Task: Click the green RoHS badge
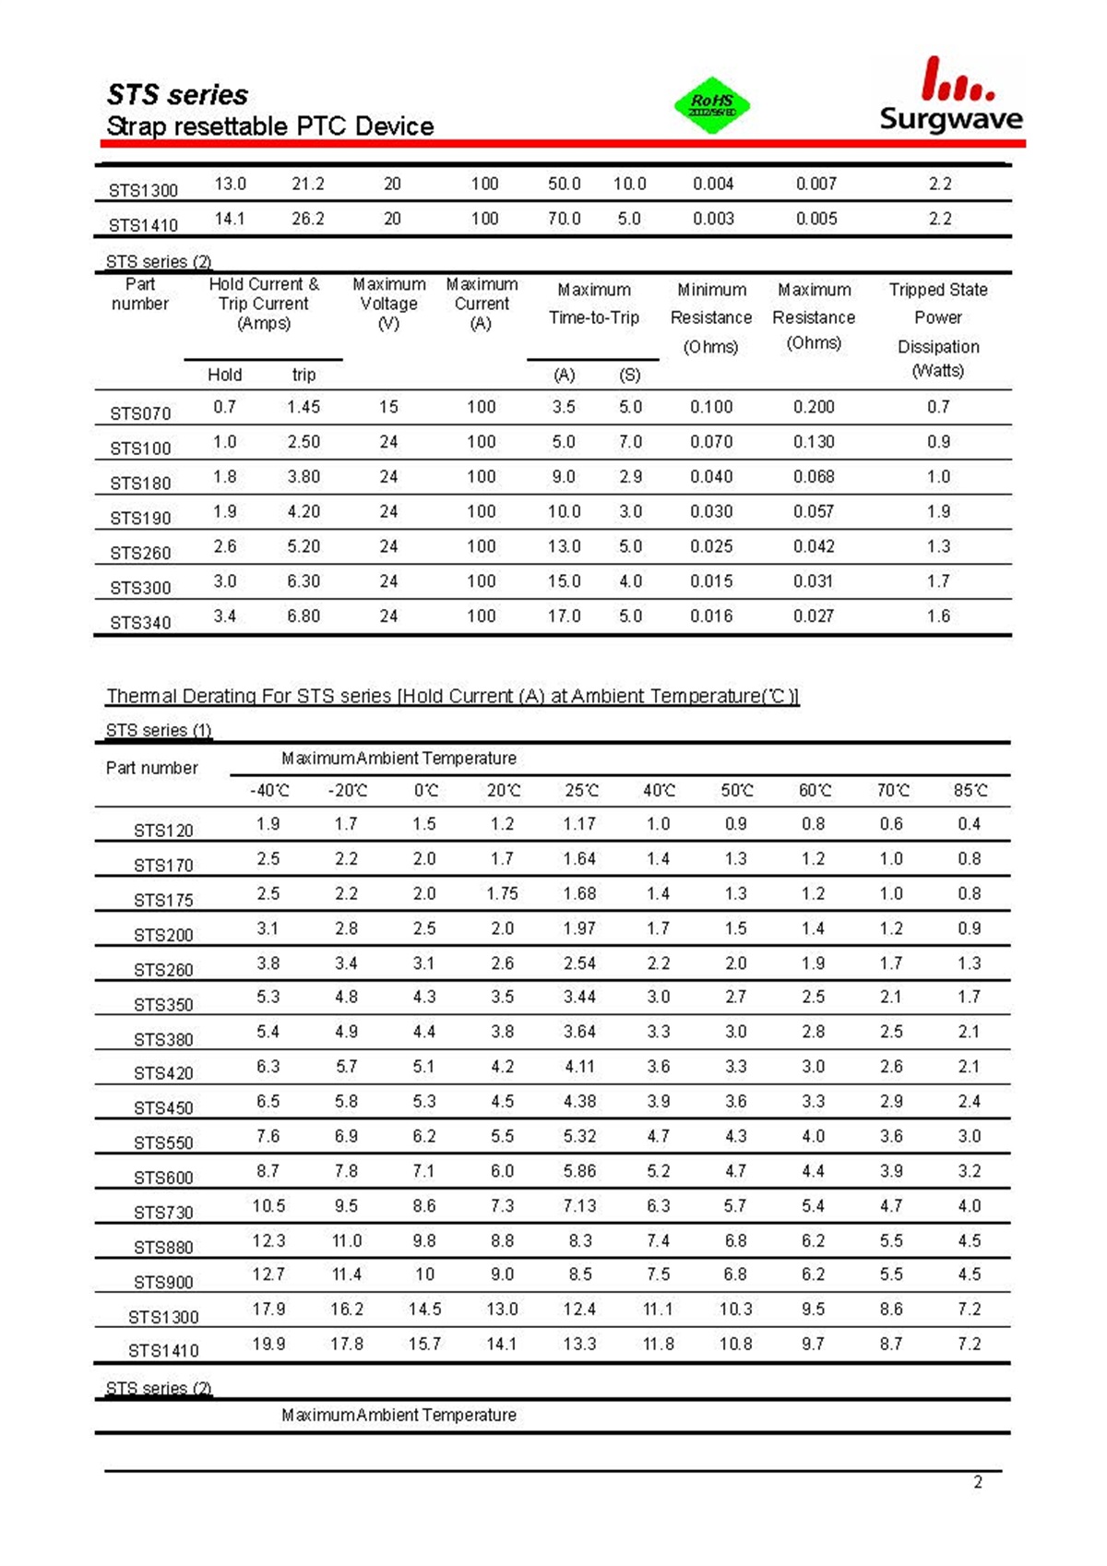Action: [712, 105]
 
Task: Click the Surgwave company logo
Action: [951, 95]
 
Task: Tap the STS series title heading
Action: [177, 95]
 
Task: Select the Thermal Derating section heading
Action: [452, 696]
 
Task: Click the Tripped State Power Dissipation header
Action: [938, 329]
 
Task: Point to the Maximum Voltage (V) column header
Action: [388, 304]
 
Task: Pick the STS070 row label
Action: [140, 413]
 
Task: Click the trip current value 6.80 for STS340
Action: [304, 616]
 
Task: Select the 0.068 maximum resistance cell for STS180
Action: [814, 476]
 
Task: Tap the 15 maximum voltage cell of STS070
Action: [388, 407]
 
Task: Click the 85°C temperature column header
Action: [970, 791]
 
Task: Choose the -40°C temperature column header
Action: [269, 791]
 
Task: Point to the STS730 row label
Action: [163, 1212]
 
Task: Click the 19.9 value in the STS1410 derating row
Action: [268, 1344]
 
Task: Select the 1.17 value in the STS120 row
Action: [579, 824]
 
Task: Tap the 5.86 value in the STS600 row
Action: [579, 1171]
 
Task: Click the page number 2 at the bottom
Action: [978, 1482]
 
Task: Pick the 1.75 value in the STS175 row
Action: [502, 893]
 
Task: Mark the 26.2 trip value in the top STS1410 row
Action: [308, 219]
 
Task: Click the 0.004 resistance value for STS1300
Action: [713, 184]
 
